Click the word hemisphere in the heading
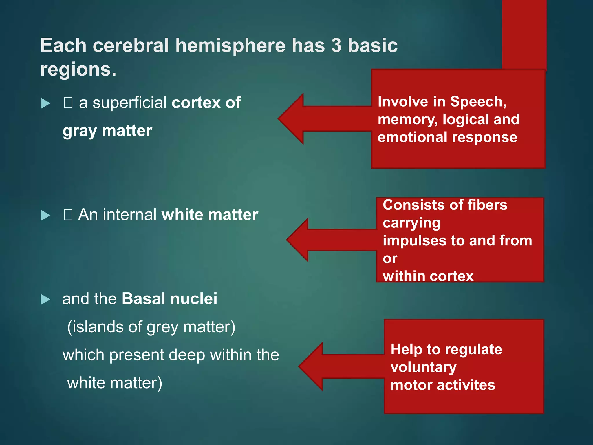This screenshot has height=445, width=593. pyautogui.click(x=230, y=45)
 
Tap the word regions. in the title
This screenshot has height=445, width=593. pyautogui.click(x=78, y=70)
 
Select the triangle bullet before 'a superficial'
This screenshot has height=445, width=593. pyautogui.click(x=45, y=103)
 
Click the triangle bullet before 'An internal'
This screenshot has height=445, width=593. pyautogui.click(x=45, y=215)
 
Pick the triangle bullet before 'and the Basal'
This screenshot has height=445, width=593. pyautogui.click(x=45, y=299)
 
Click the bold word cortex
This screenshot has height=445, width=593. pyautogui.click(x=196, y=103)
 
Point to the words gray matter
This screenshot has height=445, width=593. pyautogui.click(x=107, y=131)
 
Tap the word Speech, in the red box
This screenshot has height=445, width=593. pyautogui.click(x=478, y=102)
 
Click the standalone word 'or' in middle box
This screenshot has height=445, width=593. pyautogui.click(x=390, y=258)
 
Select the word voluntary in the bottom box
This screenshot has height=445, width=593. pyautogui.click(x=423, y=367)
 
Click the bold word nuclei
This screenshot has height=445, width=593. pyautogui.click(x=194, y=299)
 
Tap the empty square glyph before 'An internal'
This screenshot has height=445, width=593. pyautogui.click(x=68, y=215)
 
